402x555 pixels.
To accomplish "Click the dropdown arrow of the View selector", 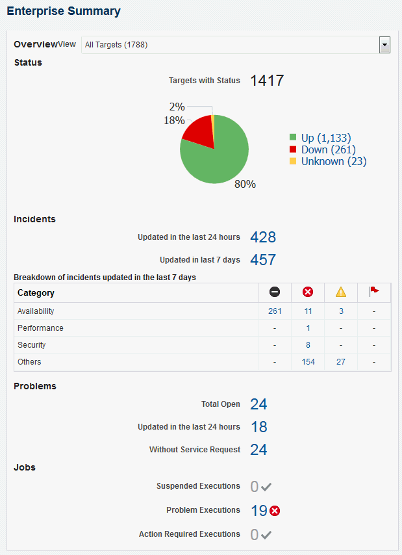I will click(384, 45).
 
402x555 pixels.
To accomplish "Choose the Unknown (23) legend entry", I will click(333, 161).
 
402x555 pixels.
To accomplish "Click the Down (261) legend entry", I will click(328, 149).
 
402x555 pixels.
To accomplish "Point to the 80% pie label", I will click(245, 184).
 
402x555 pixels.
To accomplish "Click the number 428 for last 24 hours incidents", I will click(263, 237).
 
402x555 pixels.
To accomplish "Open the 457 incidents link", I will click(263, 260).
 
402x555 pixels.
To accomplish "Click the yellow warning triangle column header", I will click(341, 292).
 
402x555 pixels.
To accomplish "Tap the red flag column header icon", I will click(374, 292).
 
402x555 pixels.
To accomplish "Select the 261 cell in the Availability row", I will click(275, 311).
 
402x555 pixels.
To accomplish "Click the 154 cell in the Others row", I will click(308, 362).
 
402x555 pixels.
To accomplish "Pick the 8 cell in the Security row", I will click(308, 345).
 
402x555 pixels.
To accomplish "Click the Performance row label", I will click(40, 328).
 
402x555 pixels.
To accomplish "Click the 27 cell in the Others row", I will click(341, 362).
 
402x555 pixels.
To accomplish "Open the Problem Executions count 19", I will click(258, 511).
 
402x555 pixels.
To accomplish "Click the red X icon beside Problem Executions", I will click(275, 511).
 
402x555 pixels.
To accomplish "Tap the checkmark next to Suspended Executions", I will click(266, 487).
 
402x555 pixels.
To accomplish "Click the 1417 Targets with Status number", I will click(267, 81).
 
